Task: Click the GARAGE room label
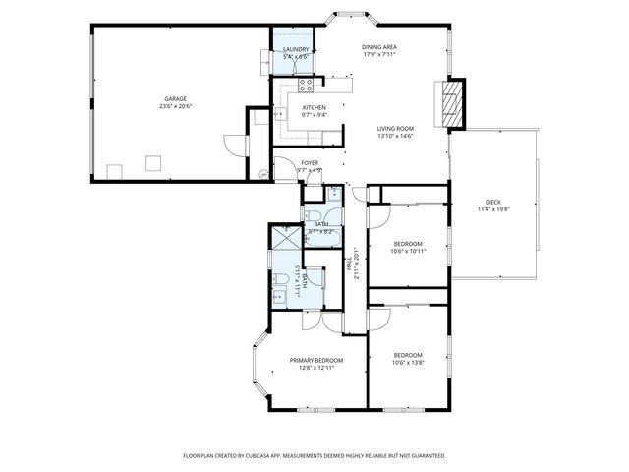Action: point(175,97)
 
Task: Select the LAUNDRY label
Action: point(296,50)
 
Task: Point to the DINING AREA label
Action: point(378,47)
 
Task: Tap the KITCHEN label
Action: point(314,107)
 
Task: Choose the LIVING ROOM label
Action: point(395,128)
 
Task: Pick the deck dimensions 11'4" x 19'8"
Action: point(492,208)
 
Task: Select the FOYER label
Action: point(310,162)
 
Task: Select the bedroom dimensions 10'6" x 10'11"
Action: point(408,251)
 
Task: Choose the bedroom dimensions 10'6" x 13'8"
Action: point(408,362)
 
